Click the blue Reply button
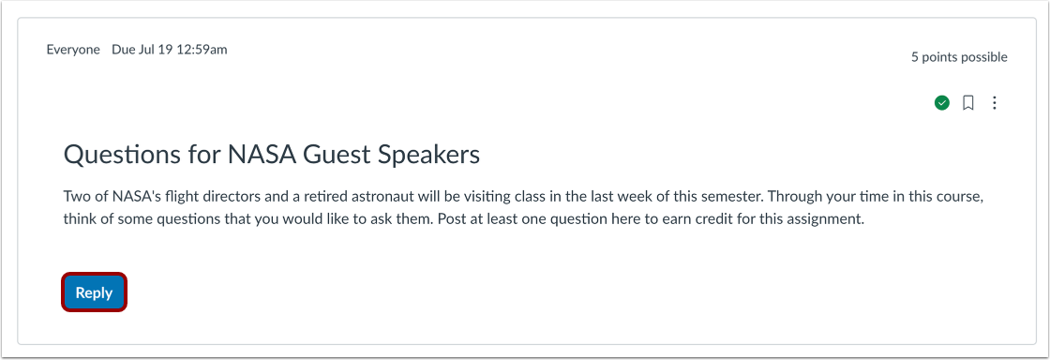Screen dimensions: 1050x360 [x=94, y=292]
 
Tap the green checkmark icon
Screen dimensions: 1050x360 [x=942, y=103]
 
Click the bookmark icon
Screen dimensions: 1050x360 [x=968, y=103]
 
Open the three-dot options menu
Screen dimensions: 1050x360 [x=995, y=103]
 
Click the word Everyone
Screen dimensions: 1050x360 [x=73, y=50]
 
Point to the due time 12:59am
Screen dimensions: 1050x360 [x=202, y=50]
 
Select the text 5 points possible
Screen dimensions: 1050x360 [x=959, y=57]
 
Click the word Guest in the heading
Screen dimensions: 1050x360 [x=336, y=156]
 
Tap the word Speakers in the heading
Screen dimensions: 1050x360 [x=427, y=156]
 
